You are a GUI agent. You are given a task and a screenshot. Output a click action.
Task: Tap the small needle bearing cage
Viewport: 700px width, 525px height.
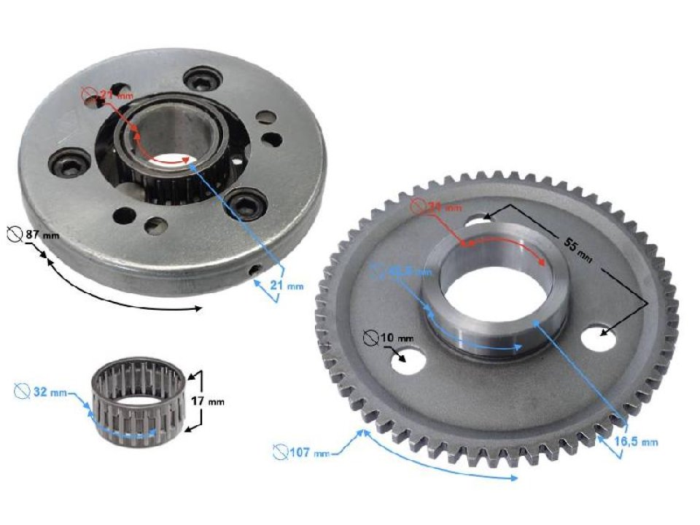click(139, 402)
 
